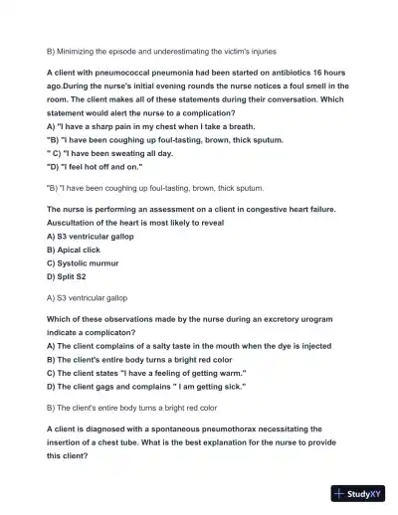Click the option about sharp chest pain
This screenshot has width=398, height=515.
pyautogui.click(x=136, y=126)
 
